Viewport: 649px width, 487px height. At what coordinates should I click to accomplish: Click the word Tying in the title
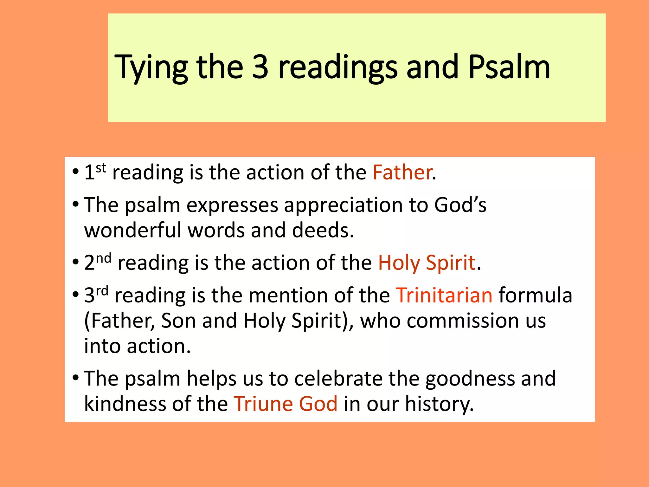(151, 68)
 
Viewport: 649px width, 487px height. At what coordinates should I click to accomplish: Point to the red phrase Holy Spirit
(427, 263)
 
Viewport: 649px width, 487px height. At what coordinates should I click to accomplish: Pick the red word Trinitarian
(444, 295)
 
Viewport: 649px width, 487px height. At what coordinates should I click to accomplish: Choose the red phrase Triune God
(286, 404)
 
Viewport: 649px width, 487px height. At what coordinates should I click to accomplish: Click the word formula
(535, 295)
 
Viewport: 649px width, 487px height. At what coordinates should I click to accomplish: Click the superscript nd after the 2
(104, 258)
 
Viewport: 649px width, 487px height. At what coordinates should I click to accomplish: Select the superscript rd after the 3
(102, 291)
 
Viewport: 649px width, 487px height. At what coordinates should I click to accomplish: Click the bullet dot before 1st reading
(75, 172)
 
